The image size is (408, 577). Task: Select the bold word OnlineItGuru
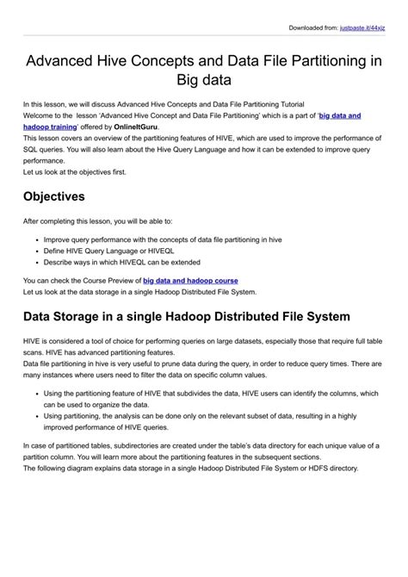[133, 127]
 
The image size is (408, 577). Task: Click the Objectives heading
[53, 196]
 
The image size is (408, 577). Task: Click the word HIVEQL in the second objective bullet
[165, 251]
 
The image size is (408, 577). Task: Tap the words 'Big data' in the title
[204, 84]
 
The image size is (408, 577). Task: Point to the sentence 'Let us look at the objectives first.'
[74, 171]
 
